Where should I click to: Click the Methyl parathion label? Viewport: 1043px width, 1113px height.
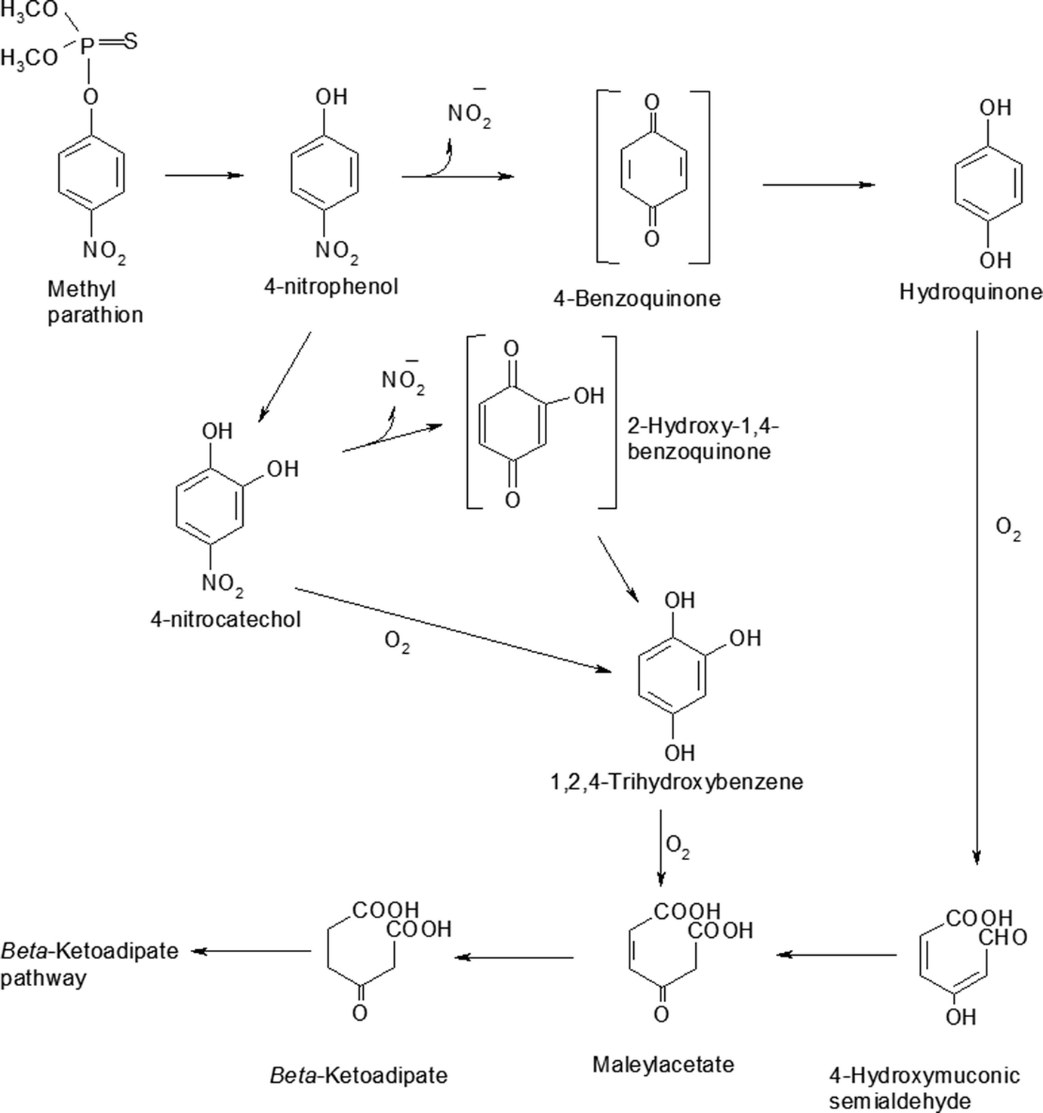coord(94,302)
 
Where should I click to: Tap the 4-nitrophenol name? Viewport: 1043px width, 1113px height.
coord(331,286)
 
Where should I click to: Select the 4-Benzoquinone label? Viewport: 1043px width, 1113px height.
coord(636,298)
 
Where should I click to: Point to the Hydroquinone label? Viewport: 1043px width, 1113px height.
coord(970,292)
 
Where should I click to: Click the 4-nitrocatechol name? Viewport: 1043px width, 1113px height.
coord(225,619)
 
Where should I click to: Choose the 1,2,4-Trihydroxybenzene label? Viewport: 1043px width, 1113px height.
coord(676,781)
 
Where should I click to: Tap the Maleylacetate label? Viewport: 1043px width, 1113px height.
coord(663,1065)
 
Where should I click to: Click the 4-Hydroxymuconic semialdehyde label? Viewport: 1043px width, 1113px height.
coord(924,1087)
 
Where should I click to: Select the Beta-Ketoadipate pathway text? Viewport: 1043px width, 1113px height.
coord(89,964)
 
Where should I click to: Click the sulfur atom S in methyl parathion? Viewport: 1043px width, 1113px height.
coord(131,41)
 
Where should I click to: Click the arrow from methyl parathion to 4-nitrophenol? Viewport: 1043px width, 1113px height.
coord(204,175)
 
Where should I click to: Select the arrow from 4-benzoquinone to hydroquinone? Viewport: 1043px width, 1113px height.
coord(818,184)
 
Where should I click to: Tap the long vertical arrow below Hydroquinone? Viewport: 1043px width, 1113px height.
coord(977,597)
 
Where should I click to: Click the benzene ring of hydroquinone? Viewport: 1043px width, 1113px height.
coord(989,183)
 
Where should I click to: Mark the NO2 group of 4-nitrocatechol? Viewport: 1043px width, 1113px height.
coord(222,583)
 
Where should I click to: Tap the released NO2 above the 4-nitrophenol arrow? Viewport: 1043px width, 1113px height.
coord(469,114)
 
